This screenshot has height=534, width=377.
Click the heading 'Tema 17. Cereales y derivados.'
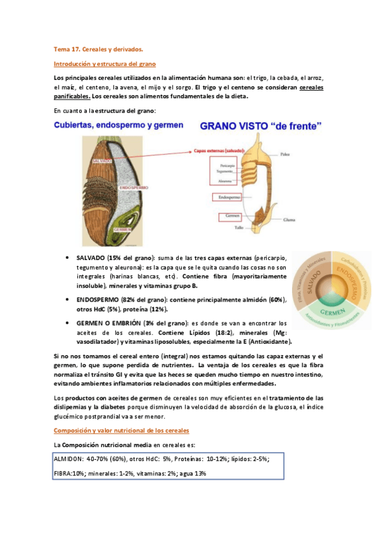[98, 48]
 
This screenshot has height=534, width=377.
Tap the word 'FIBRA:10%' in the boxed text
[69, 474]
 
